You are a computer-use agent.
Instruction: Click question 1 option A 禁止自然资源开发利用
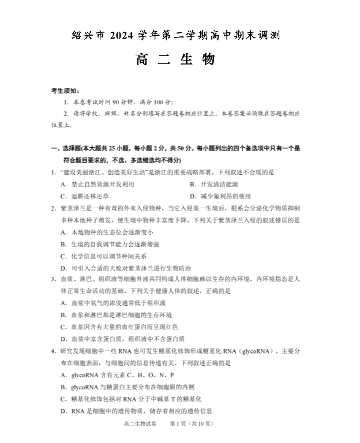(x=97, y=184)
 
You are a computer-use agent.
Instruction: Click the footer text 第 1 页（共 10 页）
(x=192, y=424)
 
